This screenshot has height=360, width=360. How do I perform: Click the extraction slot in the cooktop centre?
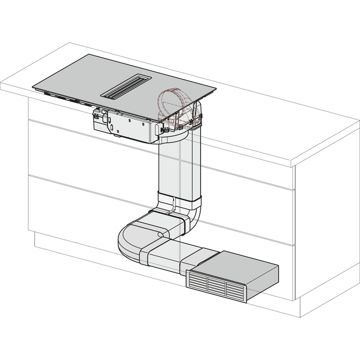point(123,86)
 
